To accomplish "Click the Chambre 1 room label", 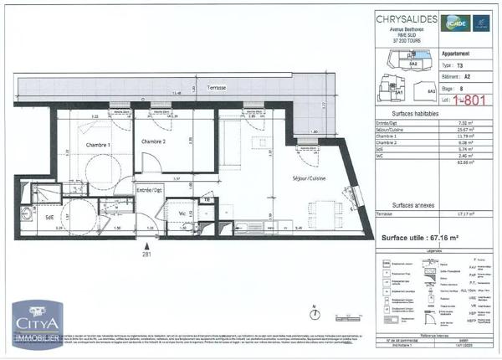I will pyautogui.click(x=98, y=145).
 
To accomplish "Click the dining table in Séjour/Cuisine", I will pyautogui.click(x=333, y=209).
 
